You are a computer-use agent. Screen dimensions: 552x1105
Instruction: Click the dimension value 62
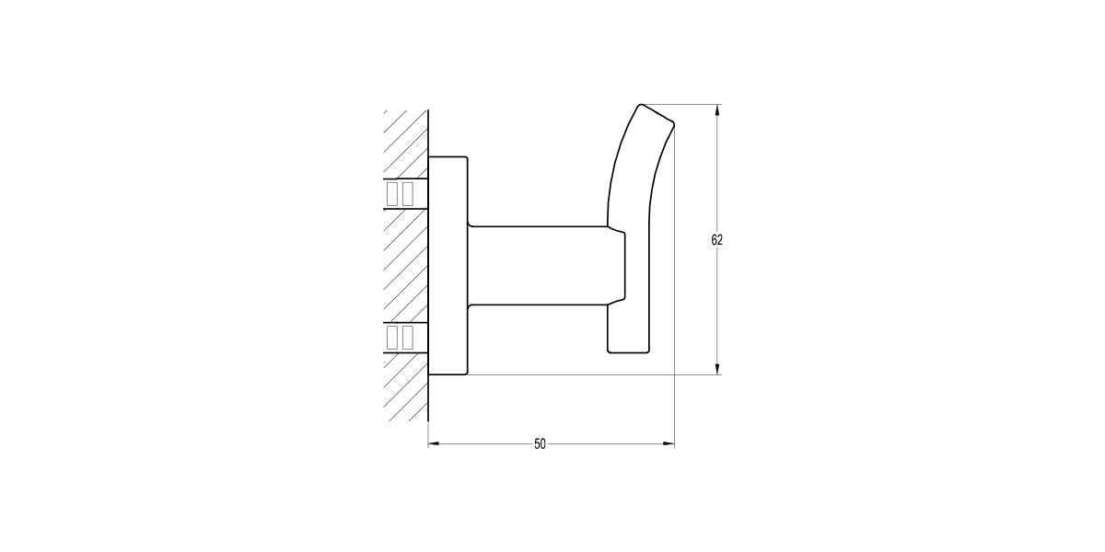[717, 240]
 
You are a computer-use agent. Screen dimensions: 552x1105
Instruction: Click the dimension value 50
[541, 444]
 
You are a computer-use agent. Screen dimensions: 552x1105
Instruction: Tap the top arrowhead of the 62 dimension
[718, 110]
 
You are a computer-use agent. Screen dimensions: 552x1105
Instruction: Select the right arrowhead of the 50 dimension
[669, 444]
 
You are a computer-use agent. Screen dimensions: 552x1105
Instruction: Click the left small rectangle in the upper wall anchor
[392, 193]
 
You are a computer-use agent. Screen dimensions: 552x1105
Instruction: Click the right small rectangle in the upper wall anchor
[407, 193]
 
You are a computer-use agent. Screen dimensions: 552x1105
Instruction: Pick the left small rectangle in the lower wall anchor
[392, 338]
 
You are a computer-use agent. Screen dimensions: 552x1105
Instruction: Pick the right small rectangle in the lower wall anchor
[407, 338]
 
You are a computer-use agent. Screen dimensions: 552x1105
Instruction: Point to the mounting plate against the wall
[449, 267]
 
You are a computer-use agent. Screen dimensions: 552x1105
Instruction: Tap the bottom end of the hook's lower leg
[628, 350]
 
